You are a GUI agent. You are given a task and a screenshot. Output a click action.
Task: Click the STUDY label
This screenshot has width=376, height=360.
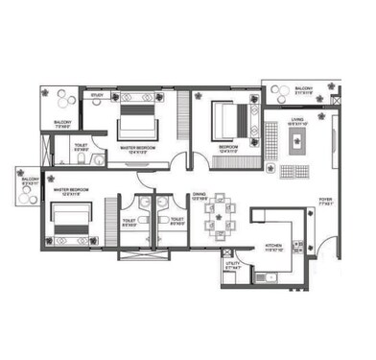(x=97, y=95)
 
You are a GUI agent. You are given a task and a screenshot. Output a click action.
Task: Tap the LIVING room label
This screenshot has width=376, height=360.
(x=298, y=121)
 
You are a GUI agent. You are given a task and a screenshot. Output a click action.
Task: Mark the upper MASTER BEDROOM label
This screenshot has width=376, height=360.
(x=139, y=147)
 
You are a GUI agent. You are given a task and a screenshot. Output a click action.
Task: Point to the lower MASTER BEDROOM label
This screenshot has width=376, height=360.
(x=72, y=190)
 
